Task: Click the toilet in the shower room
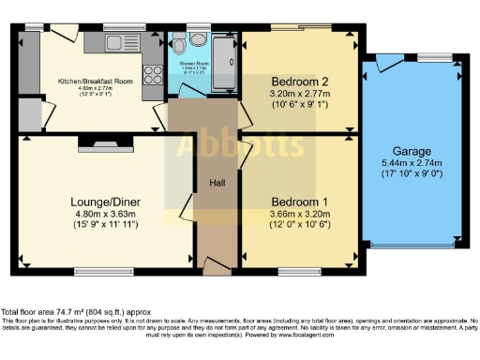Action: tap(196, 41)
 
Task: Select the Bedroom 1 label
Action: tap(299, 202)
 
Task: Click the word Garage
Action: tap(412, 150)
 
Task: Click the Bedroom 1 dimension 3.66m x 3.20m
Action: tap(299, 214)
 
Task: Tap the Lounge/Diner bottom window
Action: tap(97, 272)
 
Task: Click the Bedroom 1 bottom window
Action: tap(298, 272)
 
